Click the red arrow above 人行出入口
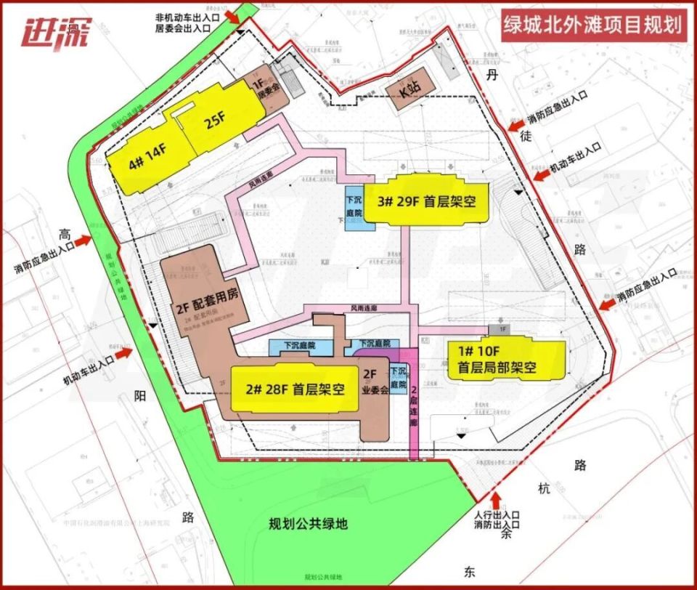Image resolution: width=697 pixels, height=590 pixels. (497, 500)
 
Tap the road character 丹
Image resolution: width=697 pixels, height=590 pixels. (494, 76)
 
